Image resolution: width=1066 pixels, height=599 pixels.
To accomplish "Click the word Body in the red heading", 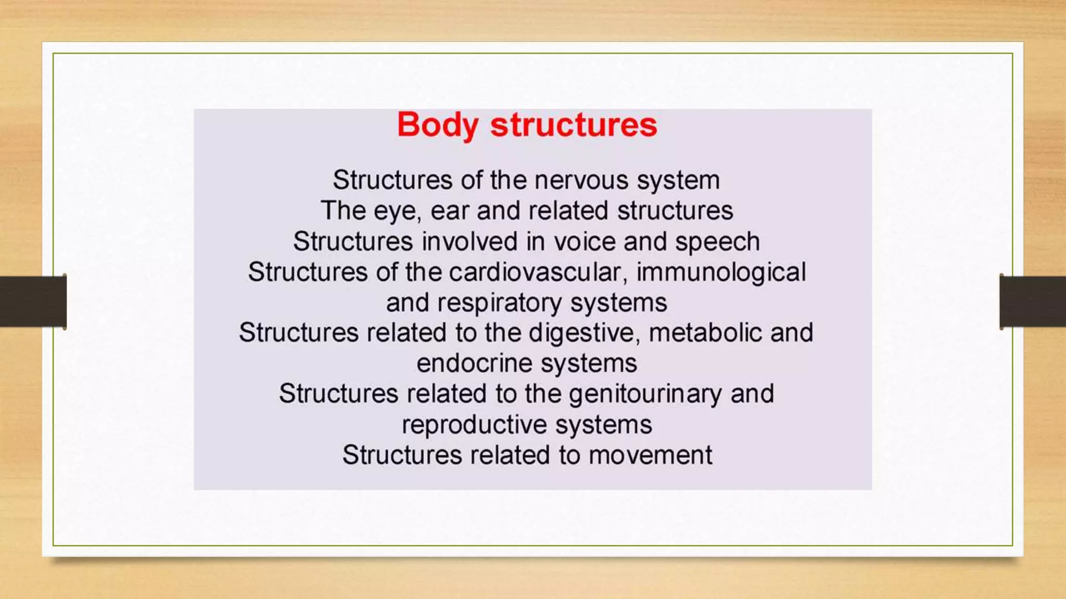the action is (x=437, y=125).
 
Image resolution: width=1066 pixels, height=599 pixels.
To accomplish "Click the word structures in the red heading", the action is (x=574, y=125).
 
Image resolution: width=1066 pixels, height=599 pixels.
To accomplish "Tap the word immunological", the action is (x=721, y=272).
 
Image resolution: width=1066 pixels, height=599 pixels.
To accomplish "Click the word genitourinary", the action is (x=645, y=394).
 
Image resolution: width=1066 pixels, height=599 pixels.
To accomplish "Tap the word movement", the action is (x=650, y=455).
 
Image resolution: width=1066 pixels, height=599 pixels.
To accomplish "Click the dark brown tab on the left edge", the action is (x=33, y=302).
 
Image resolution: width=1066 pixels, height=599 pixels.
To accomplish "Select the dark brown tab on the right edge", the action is (x=1033, y=302).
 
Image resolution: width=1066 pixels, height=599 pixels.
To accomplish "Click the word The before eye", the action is (x=343, y=211).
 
